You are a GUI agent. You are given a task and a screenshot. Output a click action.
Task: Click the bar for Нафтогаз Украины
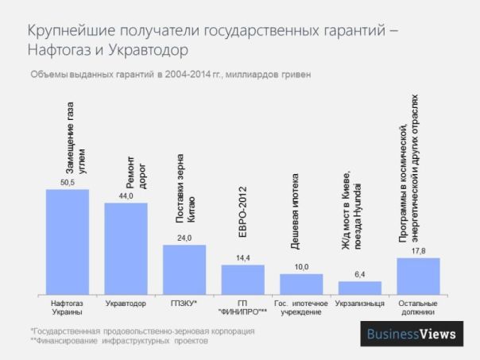click(67, 242)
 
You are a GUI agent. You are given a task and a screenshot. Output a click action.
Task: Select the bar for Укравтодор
click(126, 249)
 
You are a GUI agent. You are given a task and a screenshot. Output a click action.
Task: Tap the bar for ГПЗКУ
click(184, 269)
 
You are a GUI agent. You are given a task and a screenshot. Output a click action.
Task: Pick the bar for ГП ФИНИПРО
click(242, 280)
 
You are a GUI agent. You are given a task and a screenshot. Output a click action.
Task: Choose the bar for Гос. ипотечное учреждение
click(301, 285)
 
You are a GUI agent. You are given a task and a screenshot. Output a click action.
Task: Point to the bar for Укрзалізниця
click(359, 288)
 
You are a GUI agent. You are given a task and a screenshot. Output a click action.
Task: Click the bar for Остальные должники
click(418, 276)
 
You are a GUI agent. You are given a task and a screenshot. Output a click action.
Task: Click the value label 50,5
click(67, 183)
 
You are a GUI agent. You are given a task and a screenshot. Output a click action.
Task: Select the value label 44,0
click(126, 196)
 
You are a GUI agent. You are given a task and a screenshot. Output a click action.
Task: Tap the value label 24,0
click(184, 238)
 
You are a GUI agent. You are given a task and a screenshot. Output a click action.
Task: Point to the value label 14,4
click(242, 258)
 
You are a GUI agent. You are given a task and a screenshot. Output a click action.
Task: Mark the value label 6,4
click(359, 275)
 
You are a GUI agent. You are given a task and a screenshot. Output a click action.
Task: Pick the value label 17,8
click(418, 251)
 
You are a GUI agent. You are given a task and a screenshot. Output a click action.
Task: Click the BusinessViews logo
click(411, 334)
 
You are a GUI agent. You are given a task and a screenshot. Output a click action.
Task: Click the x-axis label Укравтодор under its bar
click(126, 304)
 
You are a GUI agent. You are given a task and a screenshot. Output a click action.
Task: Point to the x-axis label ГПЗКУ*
click(184, 304)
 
